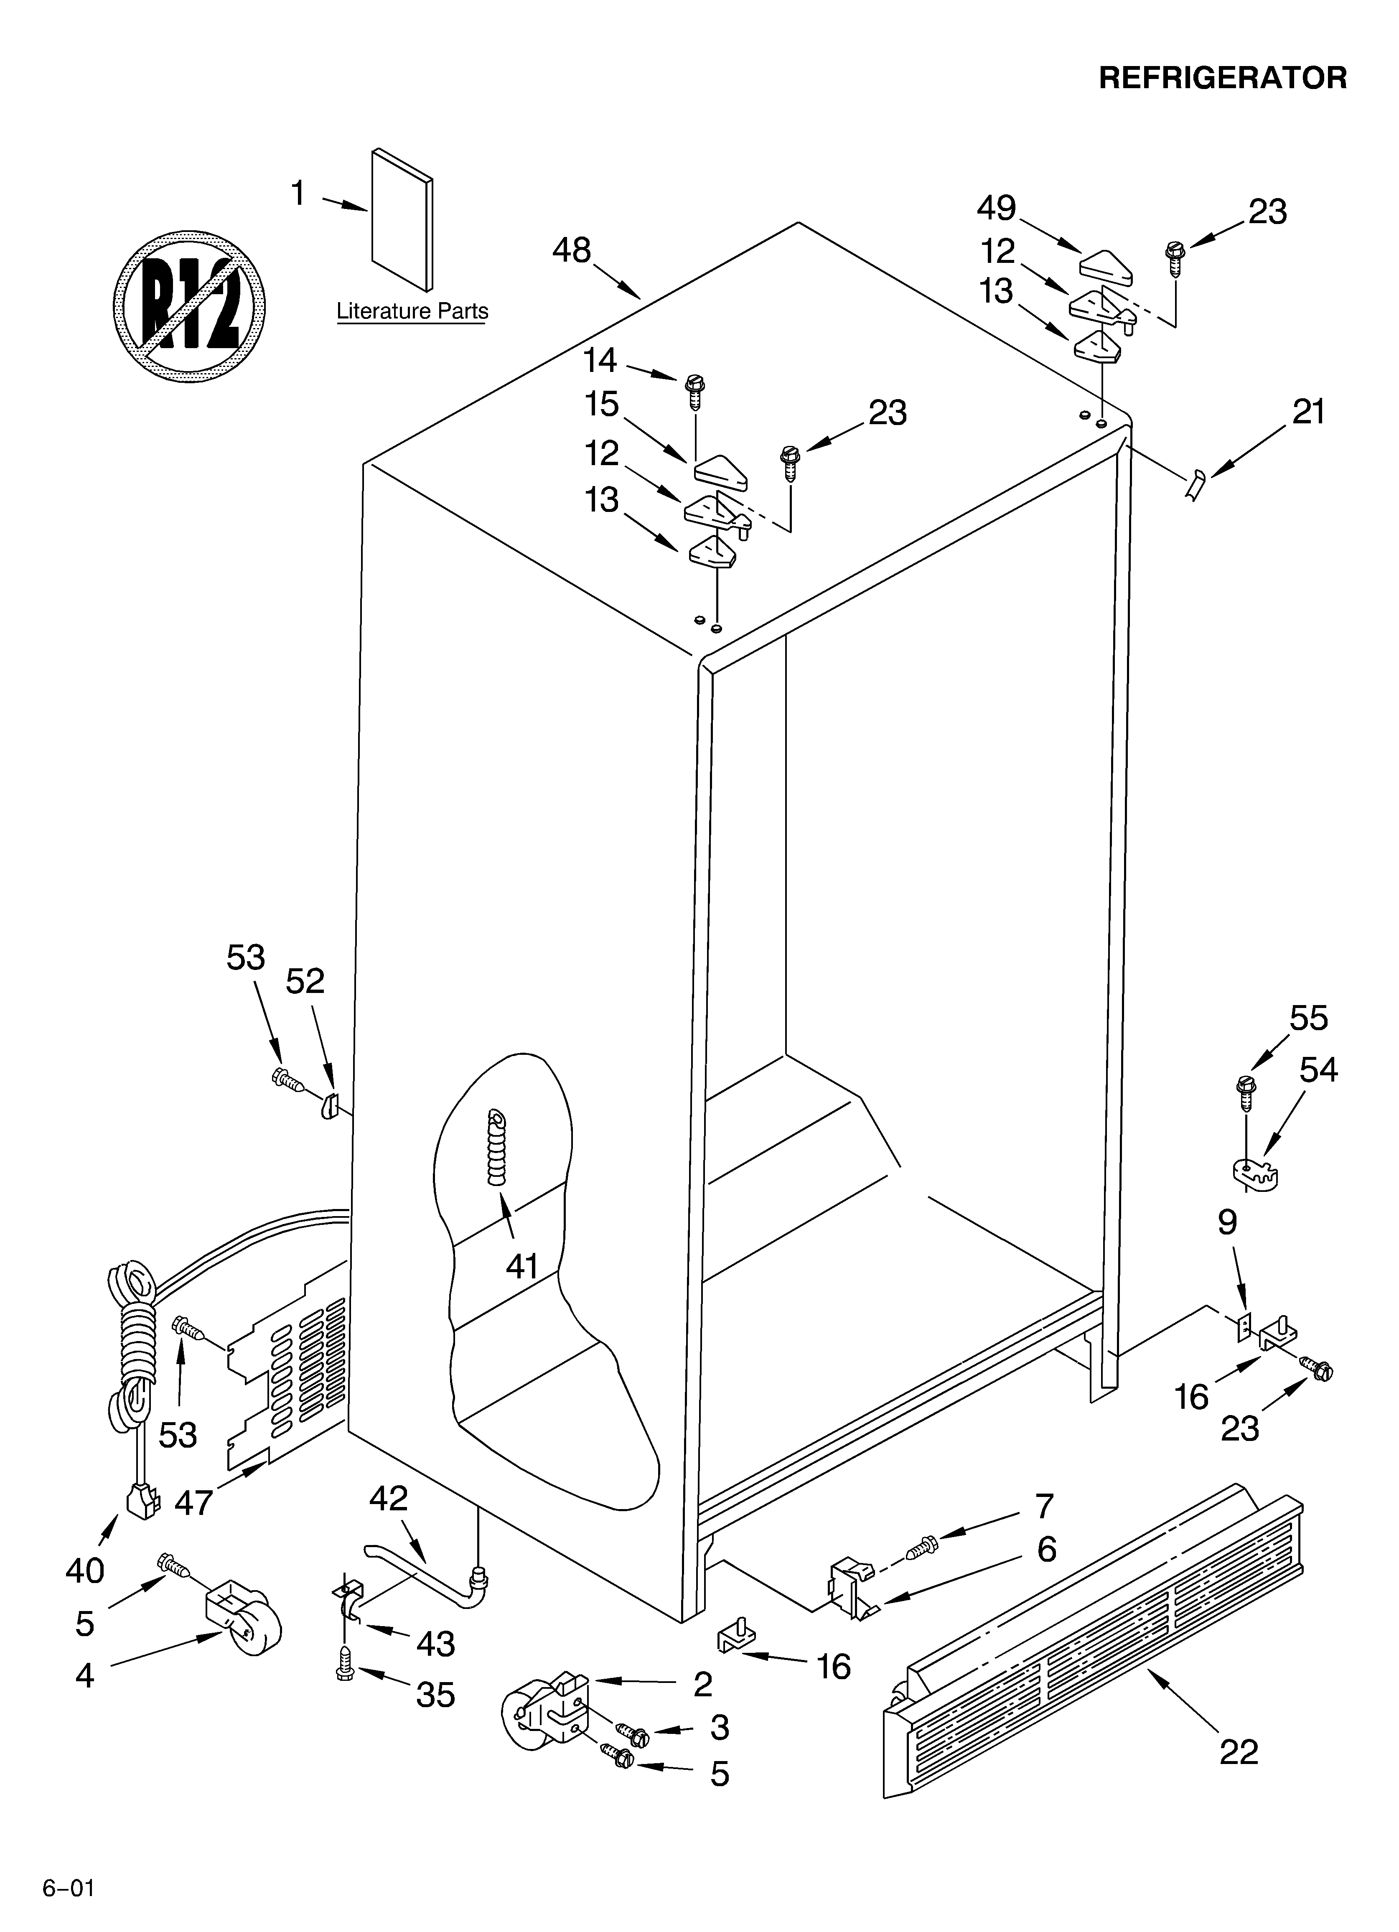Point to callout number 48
click(x=571, y=250)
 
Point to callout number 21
click(x=1308, y=412)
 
